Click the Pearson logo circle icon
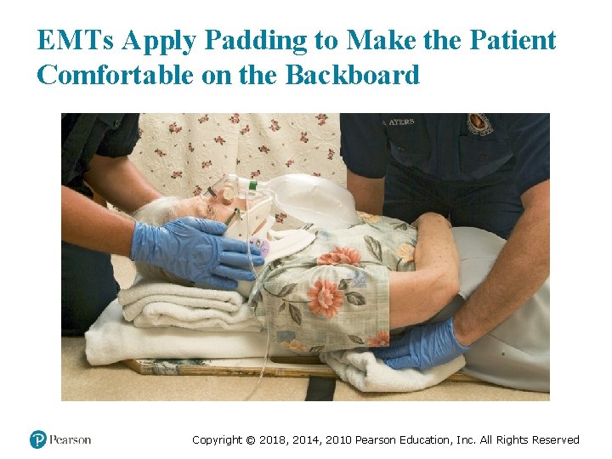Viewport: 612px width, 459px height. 38,439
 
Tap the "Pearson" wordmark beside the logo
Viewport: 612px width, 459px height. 70,439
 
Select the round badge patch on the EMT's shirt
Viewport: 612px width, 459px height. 480,123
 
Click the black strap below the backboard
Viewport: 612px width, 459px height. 320,388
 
